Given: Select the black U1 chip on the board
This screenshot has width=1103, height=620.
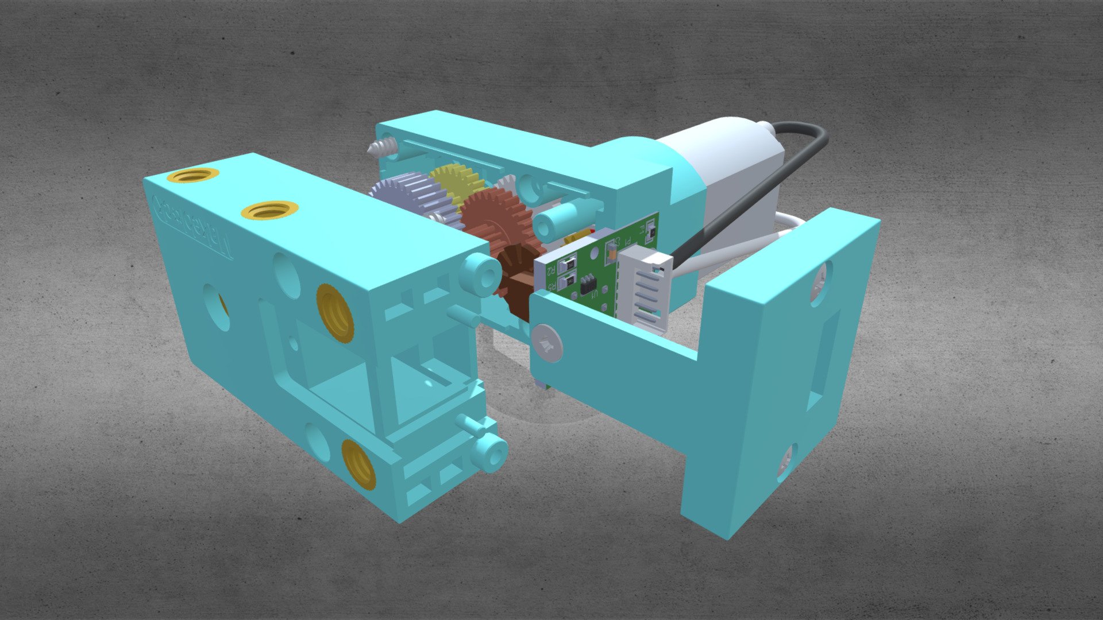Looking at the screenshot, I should pyautogui.click(x=588, y=284).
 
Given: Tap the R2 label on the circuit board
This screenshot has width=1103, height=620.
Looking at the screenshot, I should pyautogui.click(x=550, y=269).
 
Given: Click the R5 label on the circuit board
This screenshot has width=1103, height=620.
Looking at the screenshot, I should pyautogui.click(x=551, y=284).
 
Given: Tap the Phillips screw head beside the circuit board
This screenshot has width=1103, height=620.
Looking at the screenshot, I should pyautogui.click(x=547, y=343).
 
